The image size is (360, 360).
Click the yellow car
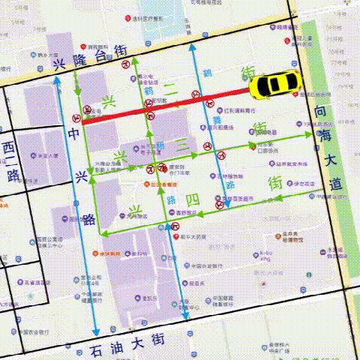coord(274,85)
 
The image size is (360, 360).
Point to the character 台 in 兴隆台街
coord(98,55)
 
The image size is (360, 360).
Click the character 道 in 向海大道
coord(335,183)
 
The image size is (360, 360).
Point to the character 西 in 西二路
coord(9,146)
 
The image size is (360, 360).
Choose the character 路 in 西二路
coord(13,175)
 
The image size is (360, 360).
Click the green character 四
coord(192,199)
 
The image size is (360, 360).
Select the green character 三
coord(182,143)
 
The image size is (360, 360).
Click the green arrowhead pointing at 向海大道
coord(310,135)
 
